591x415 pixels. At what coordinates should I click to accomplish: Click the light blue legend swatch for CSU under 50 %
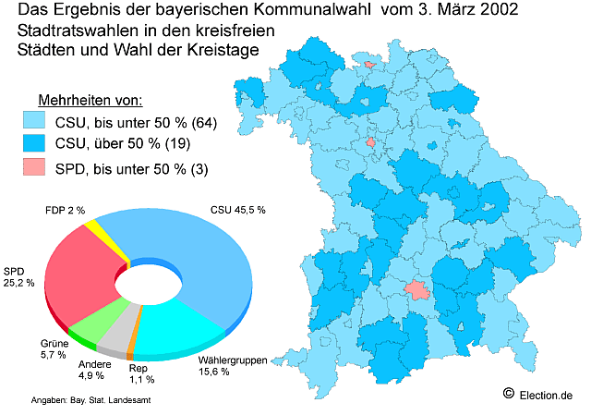[34, 122]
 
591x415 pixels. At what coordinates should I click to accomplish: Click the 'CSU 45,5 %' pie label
[237, 210]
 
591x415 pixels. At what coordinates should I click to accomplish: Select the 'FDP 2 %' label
[65, 211]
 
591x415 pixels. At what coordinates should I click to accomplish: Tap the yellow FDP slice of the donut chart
[94, 227]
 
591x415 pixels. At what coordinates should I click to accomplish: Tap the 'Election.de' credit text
[547, 395]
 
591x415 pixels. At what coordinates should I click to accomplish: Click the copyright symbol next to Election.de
[508, 394]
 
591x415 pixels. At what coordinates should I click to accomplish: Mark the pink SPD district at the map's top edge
[371, 65]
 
